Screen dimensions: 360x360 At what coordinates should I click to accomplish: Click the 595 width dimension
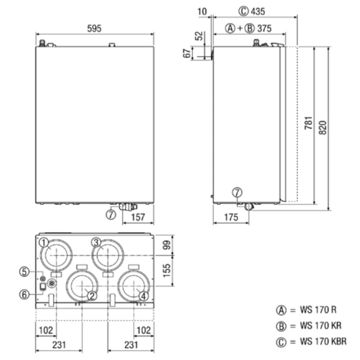coord(94,28)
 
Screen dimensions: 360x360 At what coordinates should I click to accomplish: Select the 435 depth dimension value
coord(258,12)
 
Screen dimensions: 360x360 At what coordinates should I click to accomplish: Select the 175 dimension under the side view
coord(231,217)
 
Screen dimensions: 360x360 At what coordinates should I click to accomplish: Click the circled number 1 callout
coord(44,243)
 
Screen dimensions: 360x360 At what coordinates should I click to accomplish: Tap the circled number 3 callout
coord(96,243)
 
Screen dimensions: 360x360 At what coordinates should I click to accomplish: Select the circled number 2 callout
coord(92,296)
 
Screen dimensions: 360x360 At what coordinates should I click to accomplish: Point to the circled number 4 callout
coord(143,296)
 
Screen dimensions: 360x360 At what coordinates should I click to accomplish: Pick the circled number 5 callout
coord(24,271)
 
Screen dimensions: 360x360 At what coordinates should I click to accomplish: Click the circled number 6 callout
coord(24,294)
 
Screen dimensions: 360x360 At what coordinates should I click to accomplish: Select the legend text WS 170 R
coord(319,310)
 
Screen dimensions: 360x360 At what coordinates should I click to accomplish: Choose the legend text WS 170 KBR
coord(323,341)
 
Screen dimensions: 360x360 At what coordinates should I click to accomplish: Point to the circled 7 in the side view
coord(237,193)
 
